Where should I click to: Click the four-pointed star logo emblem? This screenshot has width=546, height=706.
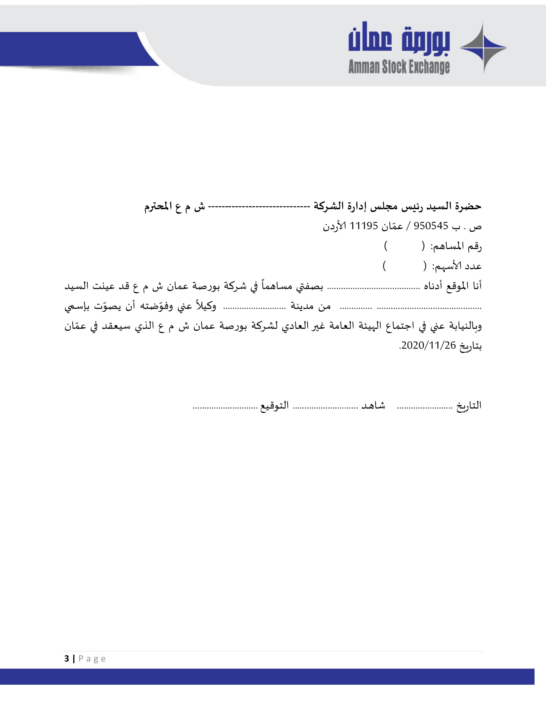(x=483, y=48)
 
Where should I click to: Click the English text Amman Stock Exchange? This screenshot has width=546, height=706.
(x=399, y=67)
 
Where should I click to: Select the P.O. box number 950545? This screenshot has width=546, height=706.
(x=430, y=226)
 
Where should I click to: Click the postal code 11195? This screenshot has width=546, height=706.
(x=364, y=226)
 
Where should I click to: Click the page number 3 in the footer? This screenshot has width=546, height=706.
(x=66, y=659)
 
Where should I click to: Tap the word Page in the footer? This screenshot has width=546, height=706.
(x=92, y=659)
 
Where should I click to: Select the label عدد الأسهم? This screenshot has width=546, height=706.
(x=457, y=267)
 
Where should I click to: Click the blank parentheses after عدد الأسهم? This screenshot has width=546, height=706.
(x=404, y=266)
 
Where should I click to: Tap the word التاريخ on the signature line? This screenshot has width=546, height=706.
(x=469, y=405)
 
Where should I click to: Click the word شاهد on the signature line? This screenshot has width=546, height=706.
(x=373, y=405)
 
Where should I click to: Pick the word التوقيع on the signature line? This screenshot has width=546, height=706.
(x=275, y=405)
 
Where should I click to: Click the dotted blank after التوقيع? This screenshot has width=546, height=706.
(x=225, y=408)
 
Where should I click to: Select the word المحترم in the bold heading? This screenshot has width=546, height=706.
(x=158, y=206)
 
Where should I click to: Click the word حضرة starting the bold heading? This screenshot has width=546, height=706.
(x=468, y=206)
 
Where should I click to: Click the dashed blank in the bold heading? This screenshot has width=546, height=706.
(x=259, y=206)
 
